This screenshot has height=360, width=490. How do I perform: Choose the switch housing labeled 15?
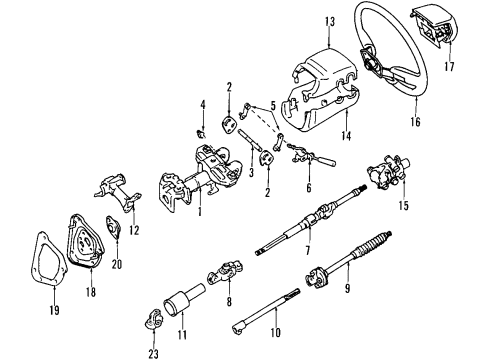[385, 173]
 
